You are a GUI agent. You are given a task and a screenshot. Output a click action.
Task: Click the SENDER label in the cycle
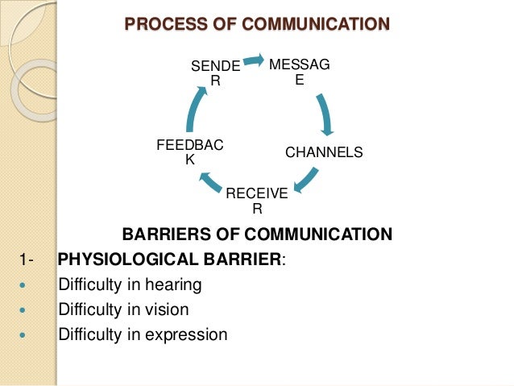[214, 73]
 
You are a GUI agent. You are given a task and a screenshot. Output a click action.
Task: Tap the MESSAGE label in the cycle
[299, 71]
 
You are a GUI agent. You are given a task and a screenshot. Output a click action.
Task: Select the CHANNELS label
[324, 151]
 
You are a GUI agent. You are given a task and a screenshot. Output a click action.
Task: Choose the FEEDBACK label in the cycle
[190, 151]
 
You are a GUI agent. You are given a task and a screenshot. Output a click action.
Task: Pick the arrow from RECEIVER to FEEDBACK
[210, 182]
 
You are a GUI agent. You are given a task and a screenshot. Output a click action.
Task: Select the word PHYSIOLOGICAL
[122, 259]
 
